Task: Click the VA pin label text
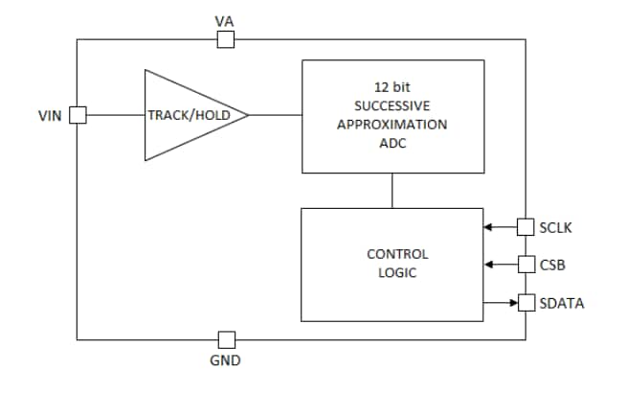point(226,20)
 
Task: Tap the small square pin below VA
point(226,39)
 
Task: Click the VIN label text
point(50,116)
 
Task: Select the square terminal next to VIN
point(78,115)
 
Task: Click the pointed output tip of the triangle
point(247,115)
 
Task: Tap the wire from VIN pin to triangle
point(115,115)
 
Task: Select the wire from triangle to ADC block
point(276,115)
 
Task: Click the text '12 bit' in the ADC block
point(392,86)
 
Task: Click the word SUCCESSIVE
point(392,105)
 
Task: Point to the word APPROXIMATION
point(392,125)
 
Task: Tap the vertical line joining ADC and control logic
point(392,191)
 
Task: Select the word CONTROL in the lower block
point(397,254)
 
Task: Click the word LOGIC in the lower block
point(397,273)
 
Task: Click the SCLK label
point(555,227)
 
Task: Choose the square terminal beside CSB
point(525,264)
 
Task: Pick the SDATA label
point(561,303)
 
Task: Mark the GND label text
point(226,361)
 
